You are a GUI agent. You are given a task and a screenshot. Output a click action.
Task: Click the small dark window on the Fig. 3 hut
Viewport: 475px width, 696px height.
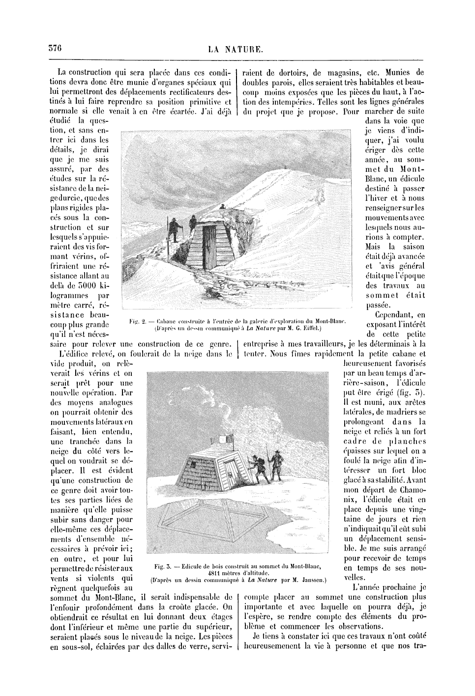(195, 463)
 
